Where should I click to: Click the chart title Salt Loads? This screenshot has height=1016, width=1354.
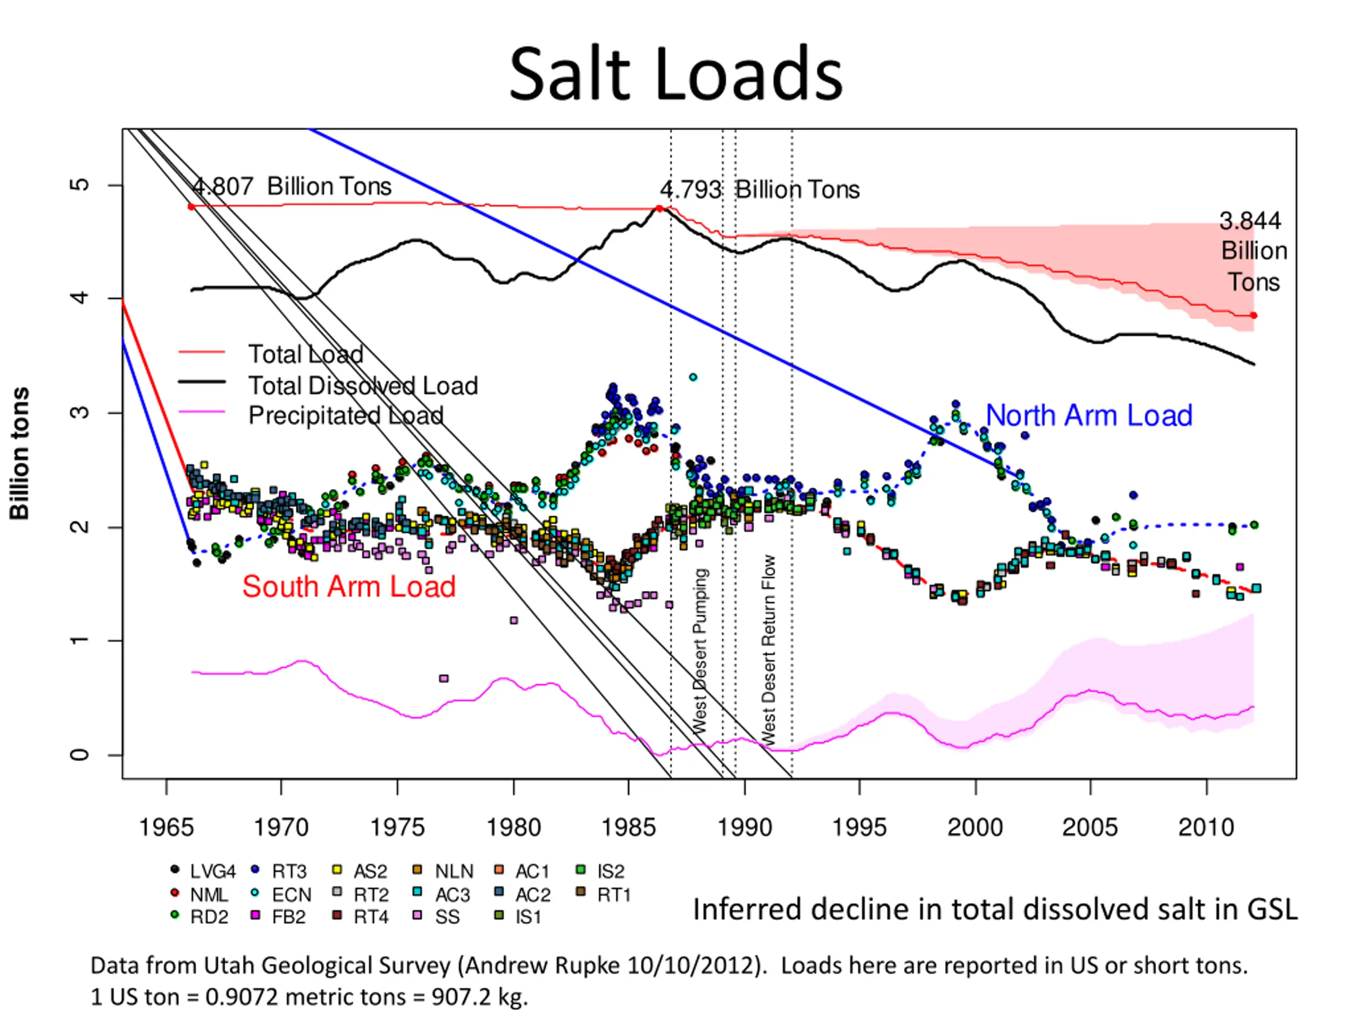(x=676, y=75)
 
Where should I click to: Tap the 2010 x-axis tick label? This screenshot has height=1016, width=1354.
(x=1206, y=828)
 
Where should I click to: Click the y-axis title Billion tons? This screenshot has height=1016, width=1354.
(x=20, y=453)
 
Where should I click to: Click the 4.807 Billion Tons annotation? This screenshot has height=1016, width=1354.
(x=291, y=186)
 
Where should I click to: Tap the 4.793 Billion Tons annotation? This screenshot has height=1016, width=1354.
(x=759, y=190)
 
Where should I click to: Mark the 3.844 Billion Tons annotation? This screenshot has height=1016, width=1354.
(x=1252, y=251)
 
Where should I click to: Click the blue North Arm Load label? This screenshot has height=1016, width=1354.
(x=1088, y=415)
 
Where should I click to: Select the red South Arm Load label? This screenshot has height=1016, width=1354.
(x=349, y=586)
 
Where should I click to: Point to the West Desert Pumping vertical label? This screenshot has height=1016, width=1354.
(x=700, y=650)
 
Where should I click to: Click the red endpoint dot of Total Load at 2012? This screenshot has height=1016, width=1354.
(x=1254, y=315)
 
